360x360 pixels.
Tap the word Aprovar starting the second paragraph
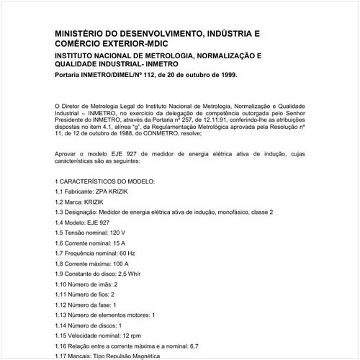tap(66, 155)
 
